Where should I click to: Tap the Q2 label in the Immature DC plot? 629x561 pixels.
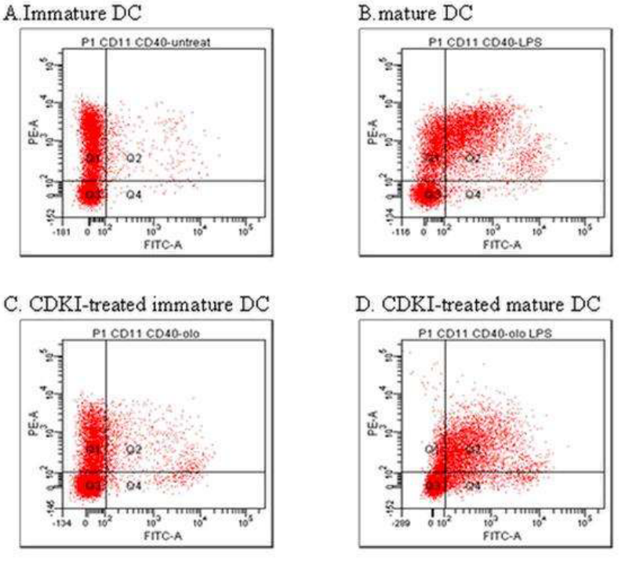click(x=133, y=158)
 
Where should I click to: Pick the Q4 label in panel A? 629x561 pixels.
click(x=133, y=194)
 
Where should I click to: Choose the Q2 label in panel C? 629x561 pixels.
click(x=133, y=450)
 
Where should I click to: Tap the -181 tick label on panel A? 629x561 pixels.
click(x=66, y=232)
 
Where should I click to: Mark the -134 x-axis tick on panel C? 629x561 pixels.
click(x=66, y=521)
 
